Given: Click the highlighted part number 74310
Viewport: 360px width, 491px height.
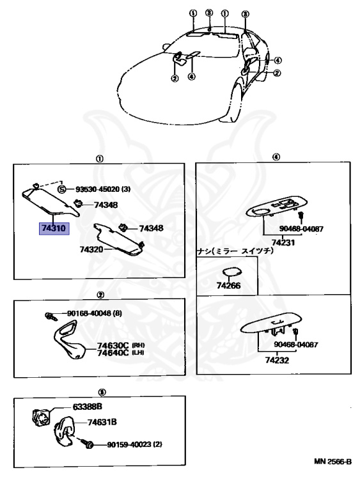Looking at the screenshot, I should [x=54, y=228].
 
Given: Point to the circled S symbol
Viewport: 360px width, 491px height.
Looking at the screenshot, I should [x=62, y=189].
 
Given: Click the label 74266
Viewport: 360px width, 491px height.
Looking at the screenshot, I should [x=228, y=284].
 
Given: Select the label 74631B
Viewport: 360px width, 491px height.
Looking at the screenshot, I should [x=102, y=422].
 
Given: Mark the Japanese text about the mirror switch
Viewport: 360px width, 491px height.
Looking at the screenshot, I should [x=235, y=252].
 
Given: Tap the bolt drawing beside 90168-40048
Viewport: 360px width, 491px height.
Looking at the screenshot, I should [x=49, y=316].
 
